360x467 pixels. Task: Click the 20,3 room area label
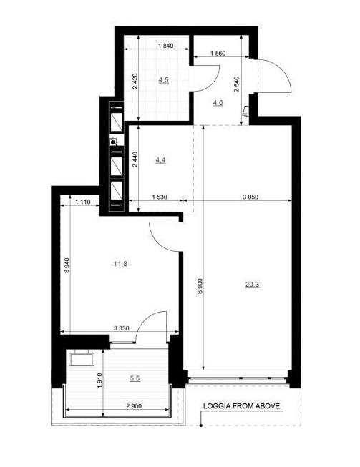pos(252,285)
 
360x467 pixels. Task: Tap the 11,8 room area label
pos(121,264)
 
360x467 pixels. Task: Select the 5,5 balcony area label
pos(135,378)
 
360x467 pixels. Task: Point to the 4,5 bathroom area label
pos(163,80)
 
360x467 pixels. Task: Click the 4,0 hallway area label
pos(218,103)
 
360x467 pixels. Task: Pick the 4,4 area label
pos(160,160)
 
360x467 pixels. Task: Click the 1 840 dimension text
pos(166,46)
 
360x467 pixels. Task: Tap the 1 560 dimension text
pos(218,54)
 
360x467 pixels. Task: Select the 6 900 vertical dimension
pos(200,286)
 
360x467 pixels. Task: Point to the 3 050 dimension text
pos(250,197)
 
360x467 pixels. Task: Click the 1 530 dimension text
pos(160,197)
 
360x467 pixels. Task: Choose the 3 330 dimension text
pos(122,328)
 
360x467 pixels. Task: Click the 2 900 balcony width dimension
pos(134,406)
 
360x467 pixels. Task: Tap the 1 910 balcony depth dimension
pos(99,381)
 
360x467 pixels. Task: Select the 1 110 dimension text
pos(82,202)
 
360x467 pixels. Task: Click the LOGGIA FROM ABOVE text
pos(241,405)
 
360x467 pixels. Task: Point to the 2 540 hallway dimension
pos(237,84)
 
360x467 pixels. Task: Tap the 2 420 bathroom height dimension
pos(135,81)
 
